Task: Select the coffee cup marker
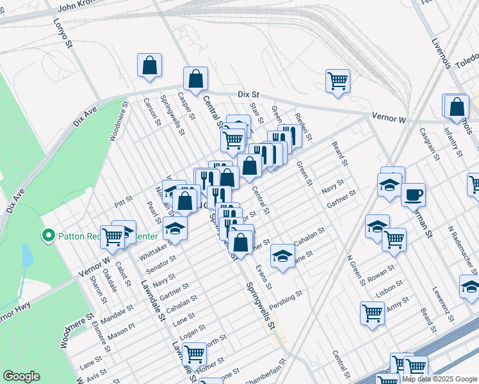click(x=413, y=193)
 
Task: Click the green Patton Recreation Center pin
click(x=47, y=236)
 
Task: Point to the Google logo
click(x=22, y=376)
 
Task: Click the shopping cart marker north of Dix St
click(x=337, y=81)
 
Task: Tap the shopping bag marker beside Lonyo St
click(x=149, y=65)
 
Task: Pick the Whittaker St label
click(x=156, y=250)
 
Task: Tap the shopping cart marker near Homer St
click(x=193, y=353)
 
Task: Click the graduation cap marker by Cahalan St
click(x=281, y=255)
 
